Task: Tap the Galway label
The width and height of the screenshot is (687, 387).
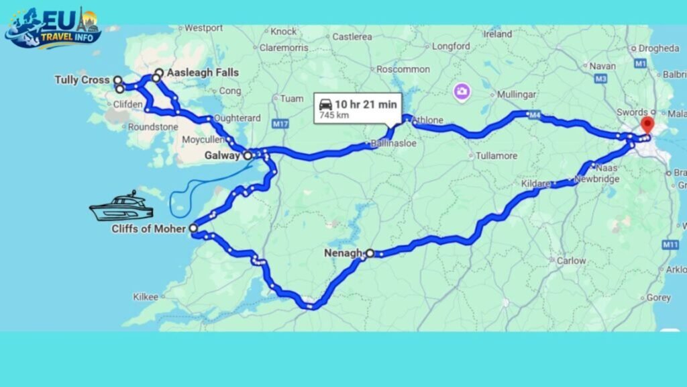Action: (222, 155)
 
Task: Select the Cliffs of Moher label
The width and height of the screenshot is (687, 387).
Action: (150, 228)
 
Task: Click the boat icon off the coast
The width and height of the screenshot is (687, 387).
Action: (121, 207)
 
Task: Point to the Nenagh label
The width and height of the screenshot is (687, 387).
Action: (342, 253)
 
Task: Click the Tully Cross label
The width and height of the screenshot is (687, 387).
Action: (82, 80)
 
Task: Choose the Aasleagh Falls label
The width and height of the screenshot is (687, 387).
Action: (197, 73)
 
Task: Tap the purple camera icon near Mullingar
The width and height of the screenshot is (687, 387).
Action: (461, 91)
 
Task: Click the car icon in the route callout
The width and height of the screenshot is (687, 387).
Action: (325, 104)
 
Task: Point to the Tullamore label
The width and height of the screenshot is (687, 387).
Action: (496, 156)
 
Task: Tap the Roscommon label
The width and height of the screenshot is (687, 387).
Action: (403, 69)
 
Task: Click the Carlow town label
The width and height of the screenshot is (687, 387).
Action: (571, 260)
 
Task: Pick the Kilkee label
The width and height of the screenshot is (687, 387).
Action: (146, 296)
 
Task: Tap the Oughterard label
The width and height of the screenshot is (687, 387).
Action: (237, 118)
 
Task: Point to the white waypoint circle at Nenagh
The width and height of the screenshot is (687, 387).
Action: (370, 253)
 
